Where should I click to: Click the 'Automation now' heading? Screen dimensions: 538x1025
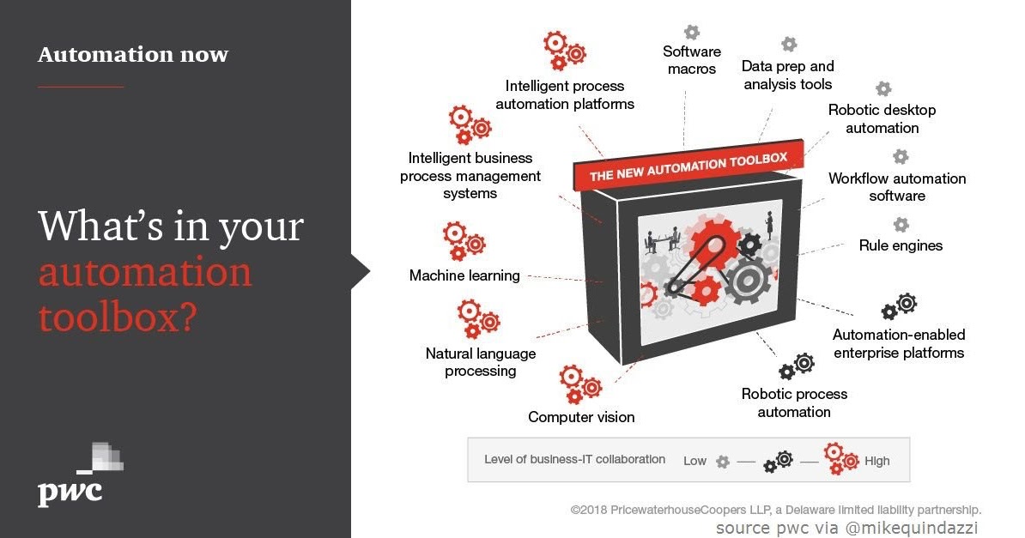click(133, 55)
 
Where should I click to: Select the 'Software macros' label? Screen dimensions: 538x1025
click(691, 60)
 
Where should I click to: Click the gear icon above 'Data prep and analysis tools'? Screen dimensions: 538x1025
click(789, 44)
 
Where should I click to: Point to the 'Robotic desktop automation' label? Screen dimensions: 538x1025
click(882, 118)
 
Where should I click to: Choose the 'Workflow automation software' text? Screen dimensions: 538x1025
click(897, 187)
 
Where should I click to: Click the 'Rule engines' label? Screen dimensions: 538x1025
click(901, 245)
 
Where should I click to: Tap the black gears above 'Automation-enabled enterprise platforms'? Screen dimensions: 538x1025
click(900, 305)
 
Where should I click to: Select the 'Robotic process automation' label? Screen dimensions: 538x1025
click(794, 402)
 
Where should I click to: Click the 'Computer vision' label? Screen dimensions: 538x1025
click(581, 417)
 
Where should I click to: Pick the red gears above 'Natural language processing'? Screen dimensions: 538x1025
click(477, 318)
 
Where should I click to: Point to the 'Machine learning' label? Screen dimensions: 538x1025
click(464, 275)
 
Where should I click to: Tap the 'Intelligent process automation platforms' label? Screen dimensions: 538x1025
click(565, 94)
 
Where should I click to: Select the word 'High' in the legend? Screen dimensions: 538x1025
click(877, 461)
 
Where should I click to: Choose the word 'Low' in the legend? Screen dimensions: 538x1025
click(694, 461)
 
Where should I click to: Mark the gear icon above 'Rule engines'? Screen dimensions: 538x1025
click(901, 225)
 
